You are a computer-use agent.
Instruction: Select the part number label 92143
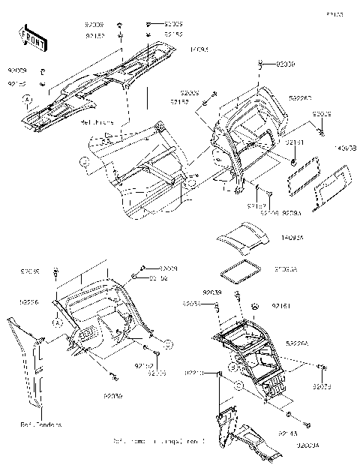tap(308, 433)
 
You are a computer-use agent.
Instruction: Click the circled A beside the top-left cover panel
tap(27, 99)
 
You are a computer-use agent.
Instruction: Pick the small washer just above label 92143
tap(289, 415)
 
